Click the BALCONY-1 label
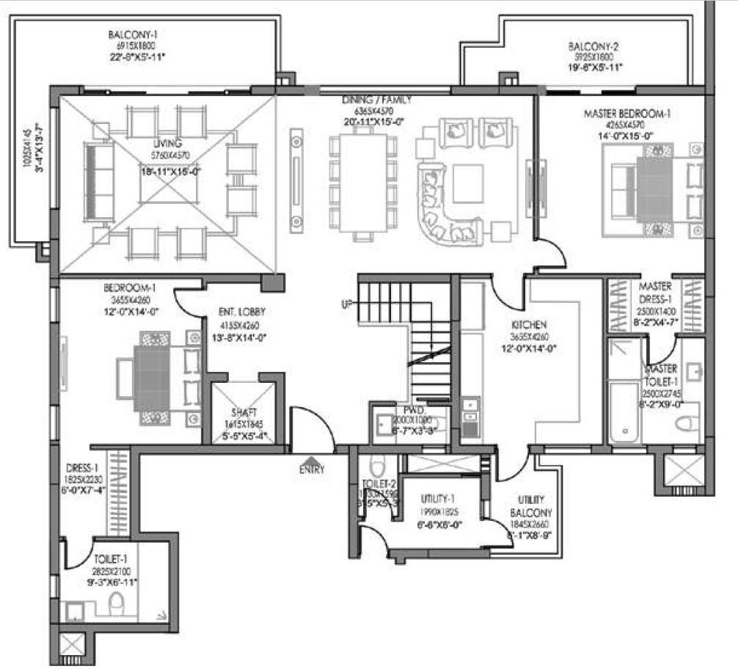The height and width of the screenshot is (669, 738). click(x=134, y=34)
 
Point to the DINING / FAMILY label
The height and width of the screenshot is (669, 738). click(x=376, y=100)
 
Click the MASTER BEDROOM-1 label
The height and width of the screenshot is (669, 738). click(x=626, y=114)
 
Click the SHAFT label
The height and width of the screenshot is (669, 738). click(x=244, y=412)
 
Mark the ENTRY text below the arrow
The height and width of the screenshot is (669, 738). click(x=311, y=470)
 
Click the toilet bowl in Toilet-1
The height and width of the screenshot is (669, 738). click(x=116, y=605)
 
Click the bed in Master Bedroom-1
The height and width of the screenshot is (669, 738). click(x=646, y=187)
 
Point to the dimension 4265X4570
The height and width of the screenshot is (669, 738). click(x=630, y=125)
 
